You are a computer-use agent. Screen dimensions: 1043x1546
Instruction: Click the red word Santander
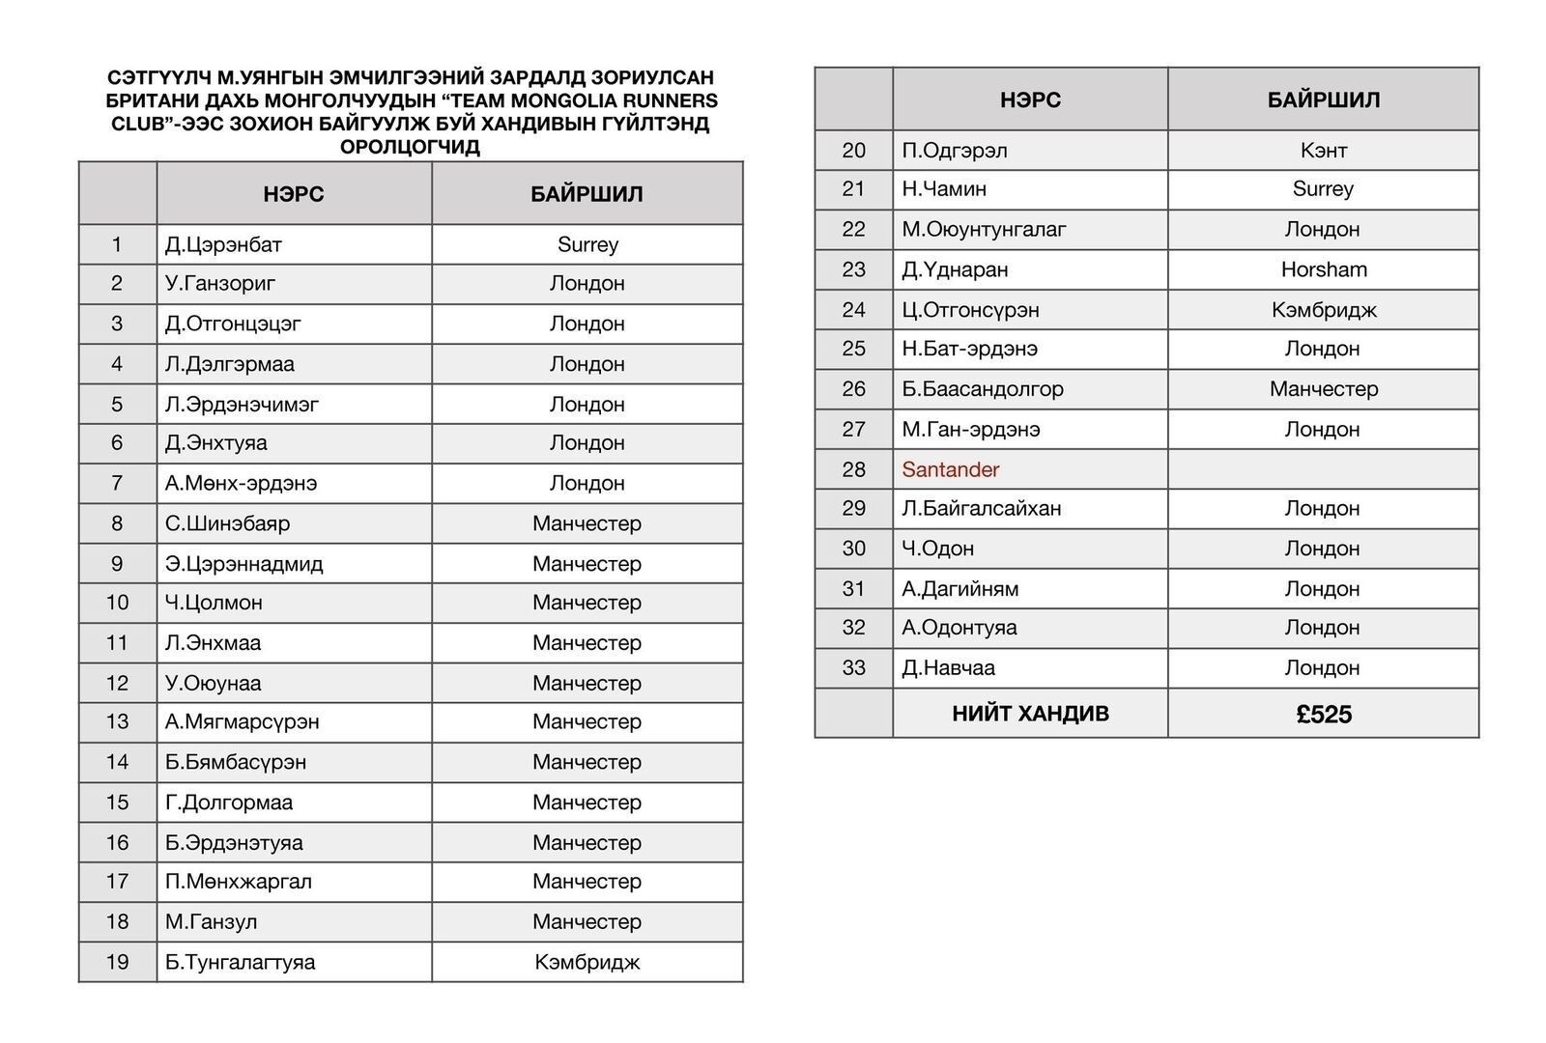pos(950,470)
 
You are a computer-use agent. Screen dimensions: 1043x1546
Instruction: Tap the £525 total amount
pos(1324,715)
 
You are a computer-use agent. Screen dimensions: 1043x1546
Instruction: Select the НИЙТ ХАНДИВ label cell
pos(1030,715)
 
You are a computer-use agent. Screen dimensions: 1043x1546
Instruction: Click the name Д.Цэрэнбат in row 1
pos(223,245)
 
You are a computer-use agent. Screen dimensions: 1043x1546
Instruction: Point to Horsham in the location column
pos(1324,270)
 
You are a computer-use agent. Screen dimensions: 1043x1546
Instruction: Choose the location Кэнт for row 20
pos(1324,151)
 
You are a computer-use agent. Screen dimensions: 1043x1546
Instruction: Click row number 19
pos(117,962)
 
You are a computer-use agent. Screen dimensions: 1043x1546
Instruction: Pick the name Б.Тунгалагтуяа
pos(240,962)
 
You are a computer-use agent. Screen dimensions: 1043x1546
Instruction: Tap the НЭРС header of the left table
pos(294,194)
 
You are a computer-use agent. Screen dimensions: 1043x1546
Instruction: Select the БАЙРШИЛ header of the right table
pos(1324,100)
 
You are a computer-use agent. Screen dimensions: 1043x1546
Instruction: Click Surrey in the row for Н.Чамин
pos(1324,189)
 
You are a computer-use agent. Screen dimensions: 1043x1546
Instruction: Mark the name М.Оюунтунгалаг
pos(984,230)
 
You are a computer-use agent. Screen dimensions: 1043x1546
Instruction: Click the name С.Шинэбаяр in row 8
pos(227,523)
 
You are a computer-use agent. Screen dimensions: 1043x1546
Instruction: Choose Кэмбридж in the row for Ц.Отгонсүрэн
pos(1324,310)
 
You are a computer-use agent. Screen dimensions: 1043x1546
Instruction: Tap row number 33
pos(853,668)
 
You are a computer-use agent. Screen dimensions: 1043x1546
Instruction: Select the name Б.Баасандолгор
pos(982,389)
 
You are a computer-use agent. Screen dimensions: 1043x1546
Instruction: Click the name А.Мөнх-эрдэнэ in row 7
pos(241,483)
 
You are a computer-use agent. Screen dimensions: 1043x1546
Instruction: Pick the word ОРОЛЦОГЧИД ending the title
pos(410,148)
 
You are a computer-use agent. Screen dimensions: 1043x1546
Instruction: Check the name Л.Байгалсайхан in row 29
pos(981,509)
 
